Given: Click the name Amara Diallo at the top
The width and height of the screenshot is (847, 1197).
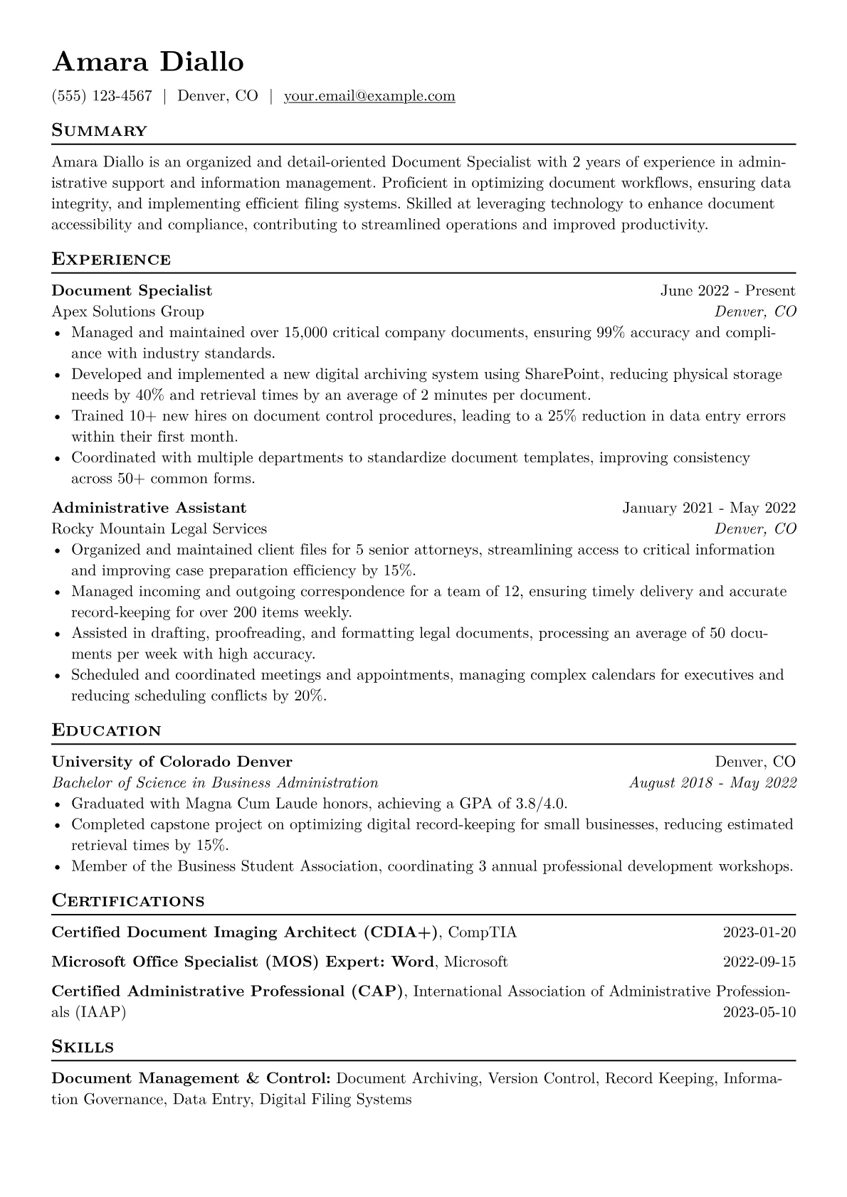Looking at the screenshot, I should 148,63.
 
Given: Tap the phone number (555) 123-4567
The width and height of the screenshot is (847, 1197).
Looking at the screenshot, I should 102,96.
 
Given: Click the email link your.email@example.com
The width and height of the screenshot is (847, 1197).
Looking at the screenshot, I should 369,96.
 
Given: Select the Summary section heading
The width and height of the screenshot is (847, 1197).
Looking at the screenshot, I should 100,131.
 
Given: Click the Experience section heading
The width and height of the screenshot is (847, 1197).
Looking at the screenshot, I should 111,260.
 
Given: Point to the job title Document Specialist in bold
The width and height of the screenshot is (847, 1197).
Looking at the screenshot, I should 132,291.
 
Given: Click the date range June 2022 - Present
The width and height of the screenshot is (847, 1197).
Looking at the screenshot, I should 727,291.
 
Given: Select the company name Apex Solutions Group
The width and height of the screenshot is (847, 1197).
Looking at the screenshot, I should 127,312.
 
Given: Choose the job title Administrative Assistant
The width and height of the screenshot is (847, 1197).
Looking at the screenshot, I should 149,508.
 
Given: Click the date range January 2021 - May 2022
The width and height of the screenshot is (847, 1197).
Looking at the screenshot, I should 709,508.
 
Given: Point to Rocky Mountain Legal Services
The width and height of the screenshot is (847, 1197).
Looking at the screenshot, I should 159,528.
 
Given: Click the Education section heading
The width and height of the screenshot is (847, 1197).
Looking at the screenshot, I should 107,731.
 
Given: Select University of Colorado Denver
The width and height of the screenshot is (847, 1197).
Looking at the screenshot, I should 172,762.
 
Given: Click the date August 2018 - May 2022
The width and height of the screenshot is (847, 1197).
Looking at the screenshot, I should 712,783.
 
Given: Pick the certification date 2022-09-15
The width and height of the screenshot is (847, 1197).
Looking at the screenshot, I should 759,962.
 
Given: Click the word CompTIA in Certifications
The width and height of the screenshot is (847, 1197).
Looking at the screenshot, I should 483,932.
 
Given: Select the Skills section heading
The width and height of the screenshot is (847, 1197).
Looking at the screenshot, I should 83,1047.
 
